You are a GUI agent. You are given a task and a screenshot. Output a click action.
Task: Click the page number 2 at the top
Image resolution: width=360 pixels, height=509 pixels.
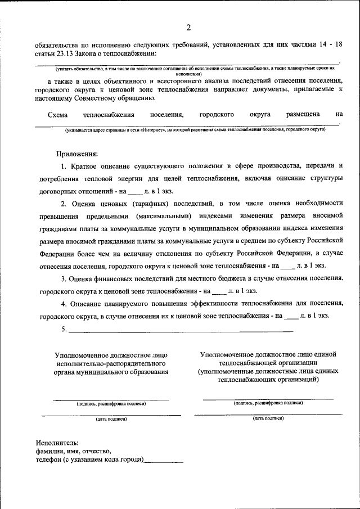click(x=189, y=27)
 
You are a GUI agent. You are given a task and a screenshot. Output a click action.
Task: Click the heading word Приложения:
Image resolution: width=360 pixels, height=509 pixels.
click(x=77, y=153)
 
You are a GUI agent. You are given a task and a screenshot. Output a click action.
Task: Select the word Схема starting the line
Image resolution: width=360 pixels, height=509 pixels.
click(x=58, y=114)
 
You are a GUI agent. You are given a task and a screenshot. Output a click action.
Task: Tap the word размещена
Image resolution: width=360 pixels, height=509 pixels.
click(x=303, y=114)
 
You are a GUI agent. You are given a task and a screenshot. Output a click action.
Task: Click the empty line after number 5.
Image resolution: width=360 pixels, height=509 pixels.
click(x=180, y=330)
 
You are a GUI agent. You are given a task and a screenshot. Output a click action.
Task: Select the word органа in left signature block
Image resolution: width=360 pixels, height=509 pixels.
click(x=71, y=372)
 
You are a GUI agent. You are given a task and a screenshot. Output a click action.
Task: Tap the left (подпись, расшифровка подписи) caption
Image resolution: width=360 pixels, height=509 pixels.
click(x=111, y=403)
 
